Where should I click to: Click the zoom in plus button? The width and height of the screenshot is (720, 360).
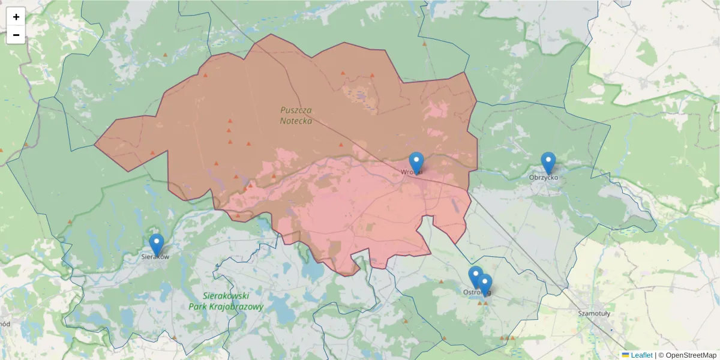click(x=16, y=17)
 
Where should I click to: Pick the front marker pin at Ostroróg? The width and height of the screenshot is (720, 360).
click(x=485, y=284)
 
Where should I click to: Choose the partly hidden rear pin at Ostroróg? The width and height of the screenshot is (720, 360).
click(x=473, y=275)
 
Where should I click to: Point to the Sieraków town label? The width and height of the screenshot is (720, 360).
click(x=155, y=257)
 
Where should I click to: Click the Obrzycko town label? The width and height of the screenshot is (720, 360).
click(x=544, y=178)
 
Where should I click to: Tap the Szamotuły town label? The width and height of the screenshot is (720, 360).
click(x=594, y=313)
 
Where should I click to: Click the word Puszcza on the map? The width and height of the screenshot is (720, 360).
click(x=296, y=110)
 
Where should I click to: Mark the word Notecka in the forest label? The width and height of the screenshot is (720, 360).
click(x=296, y=121)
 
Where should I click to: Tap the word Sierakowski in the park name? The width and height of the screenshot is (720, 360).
click(x=226, y=296)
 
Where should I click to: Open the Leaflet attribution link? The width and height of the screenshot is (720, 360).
click(x=641, y=355)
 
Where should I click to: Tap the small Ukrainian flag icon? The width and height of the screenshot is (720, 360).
click(x=625, y=355)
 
